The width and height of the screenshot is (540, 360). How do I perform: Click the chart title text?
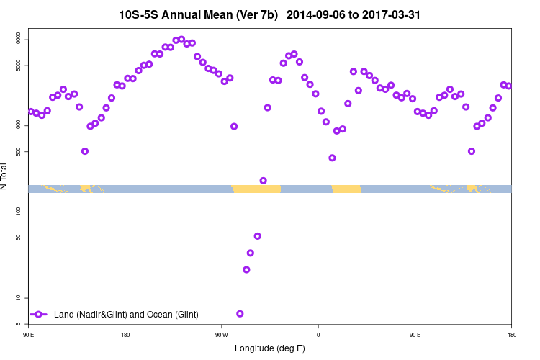270,14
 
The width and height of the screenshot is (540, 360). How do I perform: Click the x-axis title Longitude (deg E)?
270,348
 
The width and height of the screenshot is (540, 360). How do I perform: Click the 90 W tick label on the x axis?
221,335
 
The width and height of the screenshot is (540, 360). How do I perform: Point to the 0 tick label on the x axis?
318,335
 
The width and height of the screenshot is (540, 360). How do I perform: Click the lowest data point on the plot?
240,314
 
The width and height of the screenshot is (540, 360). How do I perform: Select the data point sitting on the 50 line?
258,236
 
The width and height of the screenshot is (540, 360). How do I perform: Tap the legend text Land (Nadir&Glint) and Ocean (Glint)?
126,315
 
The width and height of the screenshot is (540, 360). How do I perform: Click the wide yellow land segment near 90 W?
256,189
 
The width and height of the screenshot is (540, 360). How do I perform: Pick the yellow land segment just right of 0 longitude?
346,189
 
